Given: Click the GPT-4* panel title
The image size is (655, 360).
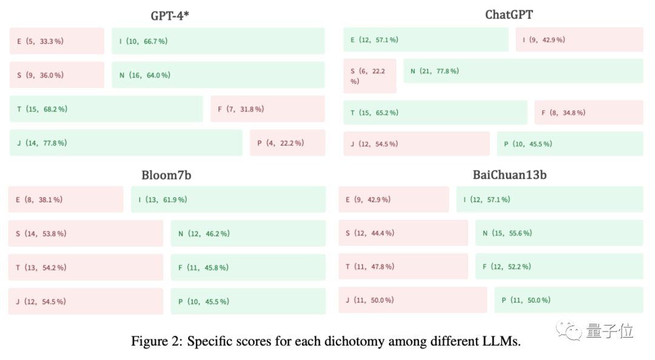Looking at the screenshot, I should pos(170,16).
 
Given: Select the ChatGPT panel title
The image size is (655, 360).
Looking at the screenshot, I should pos(509,15).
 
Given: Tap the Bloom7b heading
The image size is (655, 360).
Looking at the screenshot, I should pos(166,175).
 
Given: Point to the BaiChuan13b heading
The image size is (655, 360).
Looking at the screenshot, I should pos(509,175).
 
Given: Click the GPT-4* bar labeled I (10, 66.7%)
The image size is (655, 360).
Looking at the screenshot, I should pos(218,41).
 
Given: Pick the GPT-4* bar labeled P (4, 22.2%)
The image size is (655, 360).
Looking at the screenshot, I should pos(287,143).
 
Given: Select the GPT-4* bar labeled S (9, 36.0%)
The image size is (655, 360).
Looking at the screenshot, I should pos(56,75).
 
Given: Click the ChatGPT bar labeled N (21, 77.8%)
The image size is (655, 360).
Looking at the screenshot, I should pos(523,71).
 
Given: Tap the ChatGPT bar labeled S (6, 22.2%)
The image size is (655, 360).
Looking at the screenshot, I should pos(369,76).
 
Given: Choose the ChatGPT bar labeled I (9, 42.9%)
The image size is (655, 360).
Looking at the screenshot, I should pos(579,40).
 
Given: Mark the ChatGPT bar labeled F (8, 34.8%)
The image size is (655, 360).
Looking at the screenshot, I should pos(588,113).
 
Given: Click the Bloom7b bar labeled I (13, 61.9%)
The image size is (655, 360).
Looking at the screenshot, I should pos(228,199).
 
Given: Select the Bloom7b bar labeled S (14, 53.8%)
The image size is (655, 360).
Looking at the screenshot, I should pos(86,233).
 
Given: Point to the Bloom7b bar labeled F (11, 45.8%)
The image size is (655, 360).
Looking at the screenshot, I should pos(247,267).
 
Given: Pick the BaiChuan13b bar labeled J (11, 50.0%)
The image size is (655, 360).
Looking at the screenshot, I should pos(412,300).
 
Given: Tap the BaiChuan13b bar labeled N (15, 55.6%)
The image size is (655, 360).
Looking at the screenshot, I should pos(559,233).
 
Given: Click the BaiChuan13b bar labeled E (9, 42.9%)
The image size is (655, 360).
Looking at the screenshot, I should pos(394,199).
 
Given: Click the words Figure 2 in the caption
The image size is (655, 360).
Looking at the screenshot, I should pos(156,341).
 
